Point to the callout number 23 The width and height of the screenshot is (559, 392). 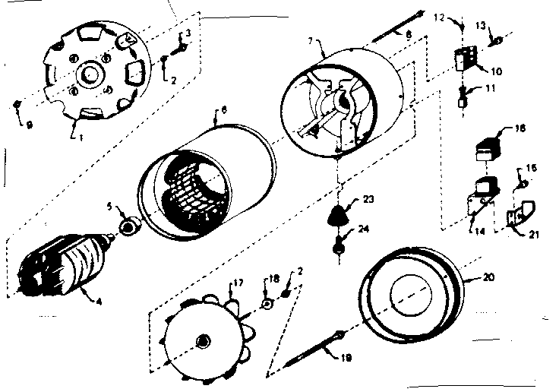coord(368,201)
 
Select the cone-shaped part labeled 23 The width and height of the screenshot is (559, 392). coord(339,216)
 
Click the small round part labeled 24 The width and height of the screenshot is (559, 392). coord(338,245)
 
